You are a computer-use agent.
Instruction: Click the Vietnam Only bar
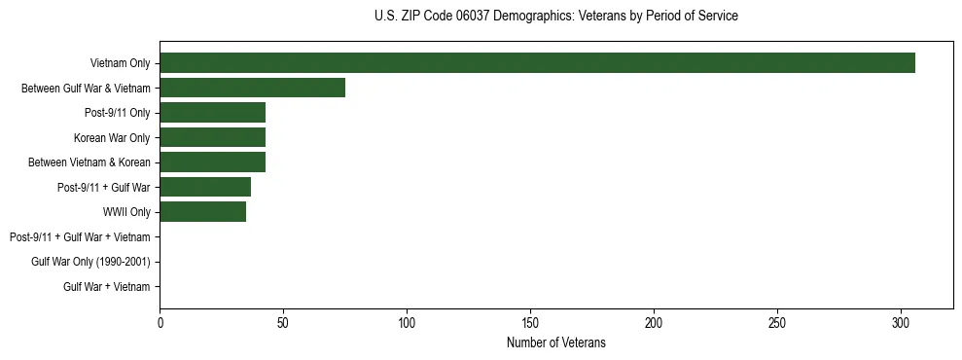click(537, 63)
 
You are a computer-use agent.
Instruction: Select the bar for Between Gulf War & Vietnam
click(252, 88)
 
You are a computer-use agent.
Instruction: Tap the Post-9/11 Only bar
click(212, 113)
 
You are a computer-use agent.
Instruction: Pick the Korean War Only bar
click(212, 137)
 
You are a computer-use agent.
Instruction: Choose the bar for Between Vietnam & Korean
click(212, 162)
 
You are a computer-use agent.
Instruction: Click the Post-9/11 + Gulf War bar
click(205, 187)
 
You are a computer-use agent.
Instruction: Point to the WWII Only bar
click(202, 212)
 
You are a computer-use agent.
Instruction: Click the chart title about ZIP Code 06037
click(555, 17)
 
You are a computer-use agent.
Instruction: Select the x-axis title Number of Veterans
click(555, 342)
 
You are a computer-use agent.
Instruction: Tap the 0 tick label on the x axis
click(160, 321)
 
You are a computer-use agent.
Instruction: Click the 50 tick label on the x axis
click(283, 321)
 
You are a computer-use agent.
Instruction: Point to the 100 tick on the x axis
click(407, 321)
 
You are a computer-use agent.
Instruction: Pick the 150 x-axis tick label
click(530, 321)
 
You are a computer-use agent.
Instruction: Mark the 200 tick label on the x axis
click(654, 321)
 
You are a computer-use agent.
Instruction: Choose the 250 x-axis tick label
click(777, 321)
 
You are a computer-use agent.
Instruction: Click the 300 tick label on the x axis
click(901, 321)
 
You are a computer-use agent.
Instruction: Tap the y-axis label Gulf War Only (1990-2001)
click(90, 262)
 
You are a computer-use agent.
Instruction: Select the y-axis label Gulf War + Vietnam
click(106, 286)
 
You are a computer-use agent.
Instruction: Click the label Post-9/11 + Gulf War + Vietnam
click(80, 236)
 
